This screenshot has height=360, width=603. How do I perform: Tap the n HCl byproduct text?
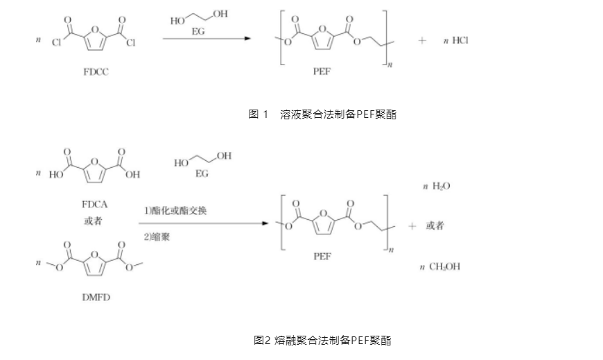click(456, 41)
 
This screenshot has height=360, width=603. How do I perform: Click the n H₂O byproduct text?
click(437, 187)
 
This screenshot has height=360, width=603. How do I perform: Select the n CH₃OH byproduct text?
click(441, 267)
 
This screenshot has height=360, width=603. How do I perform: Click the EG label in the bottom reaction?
click(202, 174)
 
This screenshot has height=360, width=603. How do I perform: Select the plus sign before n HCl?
click(421, 41)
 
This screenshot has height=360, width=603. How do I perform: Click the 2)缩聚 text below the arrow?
click(157, 237)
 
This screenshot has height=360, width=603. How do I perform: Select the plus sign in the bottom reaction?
click(412, 226)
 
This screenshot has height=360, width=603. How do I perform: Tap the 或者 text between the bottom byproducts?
click(435, 226)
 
